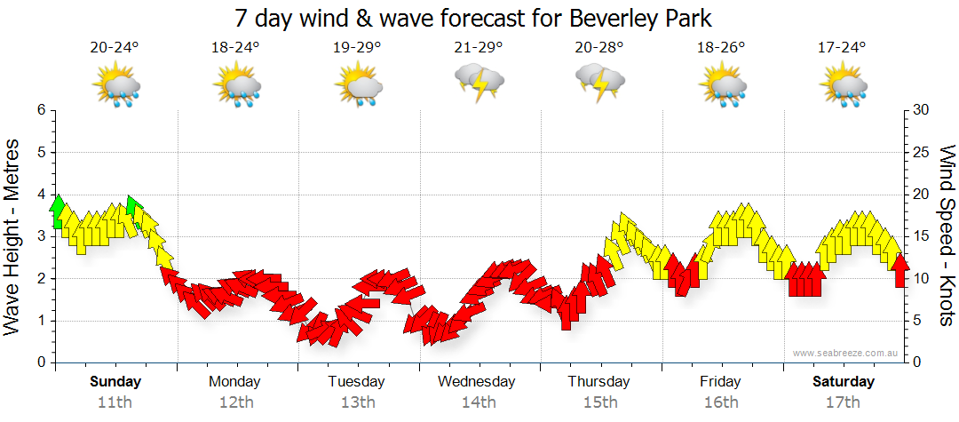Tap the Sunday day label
click(115, 382)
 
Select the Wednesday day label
click(477, 382)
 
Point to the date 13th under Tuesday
click(357, 402)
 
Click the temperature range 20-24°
click(115, 48)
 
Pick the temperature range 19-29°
click(357, 48)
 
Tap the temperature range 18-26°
click(720, 48)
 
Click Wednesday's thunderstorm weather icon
click(479, 84)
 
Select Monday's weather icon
click(236, 87)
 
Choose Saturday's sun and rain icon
click(842, 87)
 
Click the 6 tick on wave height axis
click(41, 110)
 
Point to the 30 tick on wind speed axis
click(922, 110)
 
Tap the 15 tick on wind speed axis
click(922, 236)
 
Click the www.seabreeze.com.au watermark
click(846, 354)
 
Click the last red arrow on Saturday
click(900, 270)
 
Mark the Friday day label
click(720, 382)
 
